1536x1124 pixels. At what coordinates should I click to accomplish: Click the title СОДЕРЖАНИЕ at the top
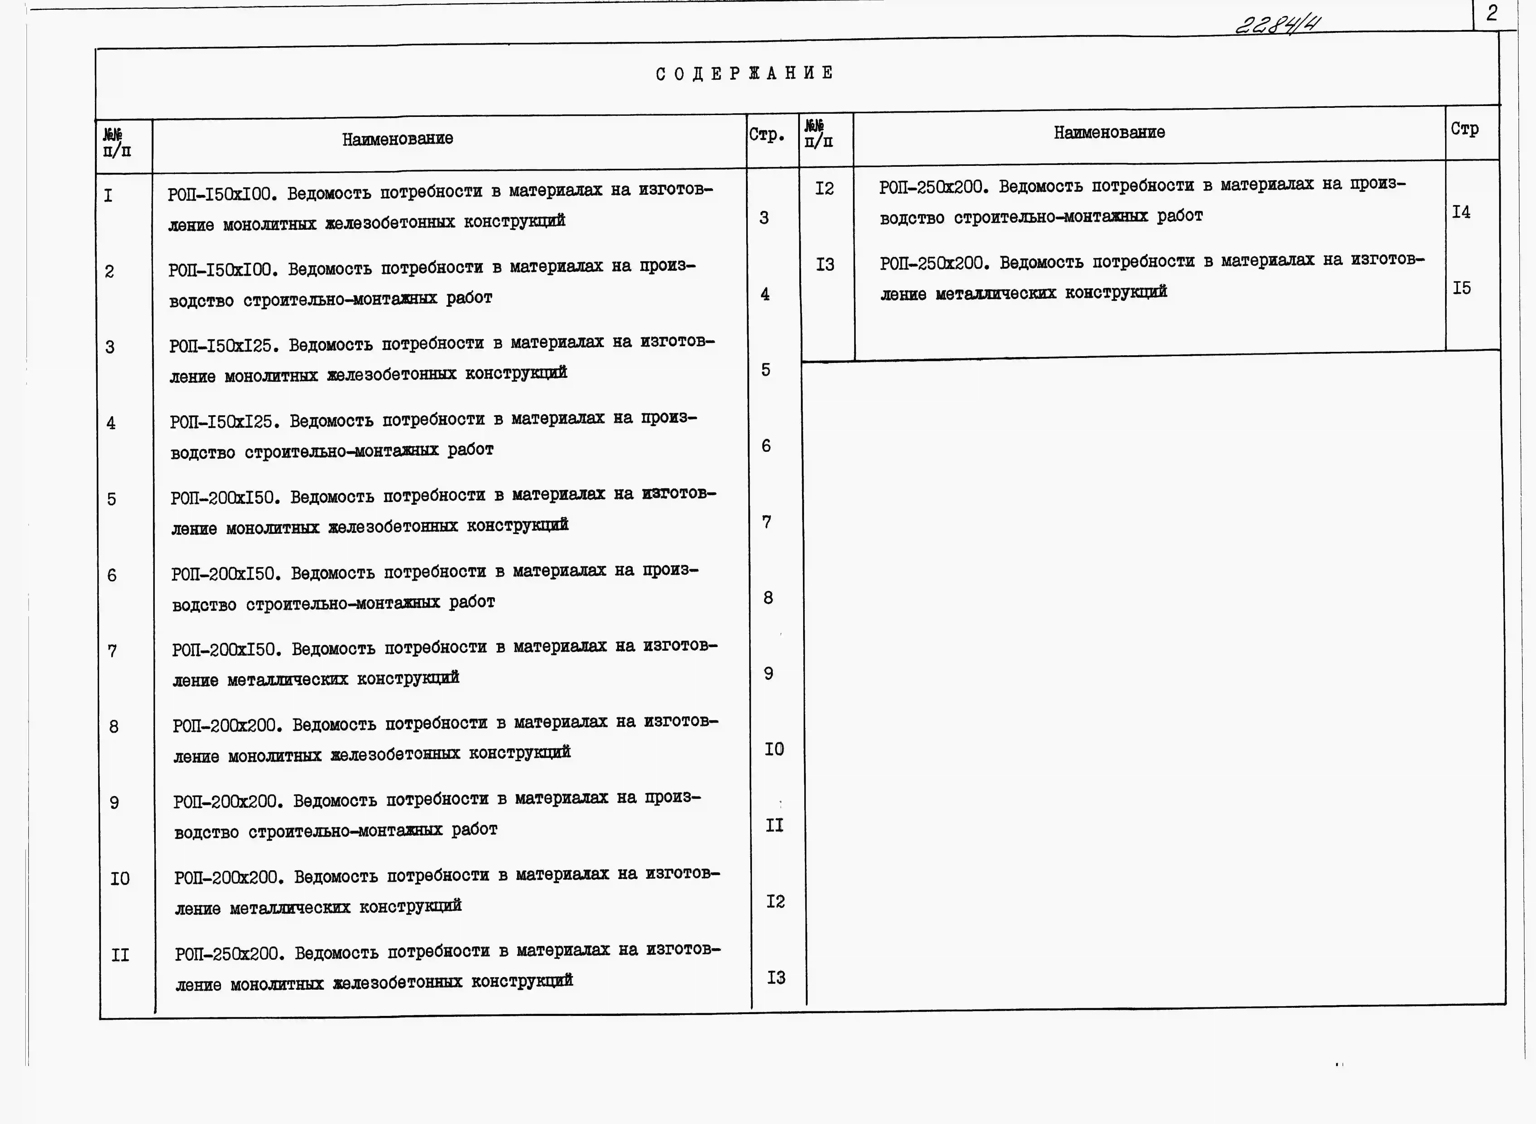coord(744,73)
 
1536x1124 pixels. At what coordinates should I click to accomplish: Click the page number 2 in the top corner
coord(1492,14)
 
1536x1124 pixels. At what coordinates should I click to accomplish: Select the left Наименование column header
coord(397,139)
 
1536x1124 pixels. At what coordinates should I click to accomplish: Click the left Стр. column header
coord(767,135)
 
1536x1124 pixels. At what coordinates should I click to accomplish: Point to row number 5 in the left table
coord(112,499)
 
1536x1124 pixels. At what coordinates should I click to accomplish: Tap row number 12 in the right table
coord(824,189)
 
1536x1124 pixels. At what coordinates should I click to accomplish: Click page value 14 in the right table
coord(1461,212)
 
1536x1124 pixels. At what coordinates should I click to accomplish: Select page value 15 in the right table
coord(1461,288)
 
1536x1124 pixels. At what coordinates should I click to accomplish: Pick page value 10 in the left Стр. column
coord(774,749)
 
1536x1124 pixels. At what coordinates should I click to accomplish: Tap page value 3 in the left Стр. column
coord(764,218)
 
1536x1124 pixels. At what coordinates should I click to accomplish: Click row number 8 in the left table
coord(114,727)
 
